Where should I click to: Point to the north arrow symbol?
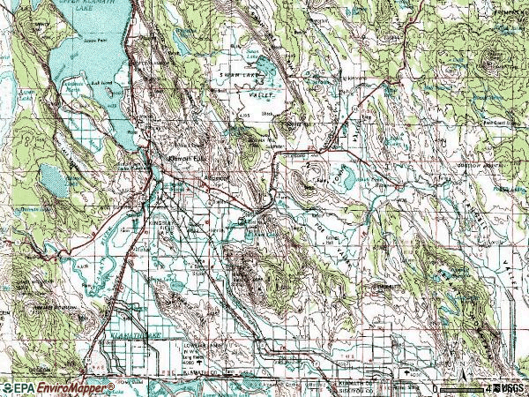[453, 366]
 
